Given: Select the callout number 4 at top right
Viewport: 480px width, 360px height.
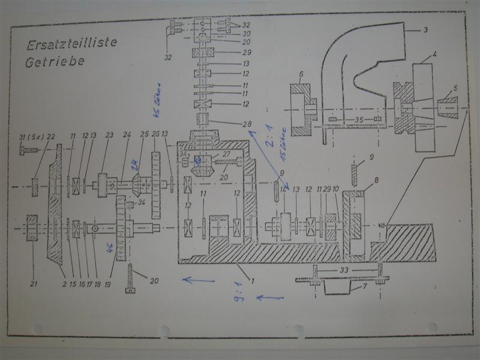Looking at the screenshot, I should (x=433, y=55).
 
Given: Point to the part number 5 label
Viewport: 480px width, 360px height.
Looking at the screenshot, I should (x=456, y=88).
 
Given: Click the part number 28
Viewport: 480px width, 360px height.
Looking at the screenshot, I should (x=245, y=124).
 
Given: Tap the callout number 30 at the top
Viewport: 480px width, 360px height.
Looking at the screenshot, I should (x=246, y=34).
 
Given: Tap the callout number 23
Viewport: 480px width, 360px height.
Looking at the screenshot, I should (x=109, y=136).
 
